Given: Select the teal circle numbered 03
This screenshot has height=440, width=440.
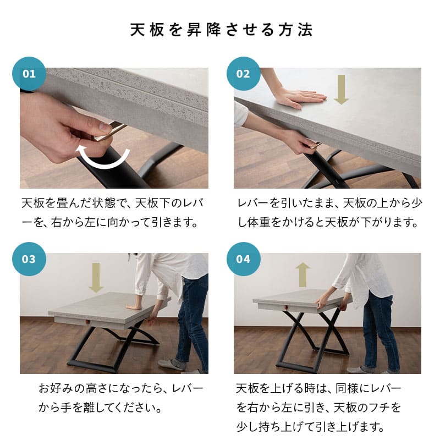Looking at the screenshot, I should pos(29,259).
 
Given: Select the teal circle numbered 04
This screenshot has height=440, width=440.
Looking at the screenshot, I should pos(243,259).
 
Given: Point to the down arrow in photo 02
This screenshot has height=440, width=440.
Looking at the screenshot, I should pos(341,90).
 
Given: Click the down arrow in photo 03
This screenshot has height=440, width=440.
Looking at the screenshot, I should pos(96,278).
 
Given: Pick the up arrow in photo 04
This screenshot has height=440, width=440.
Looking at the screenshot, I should pos(302,274).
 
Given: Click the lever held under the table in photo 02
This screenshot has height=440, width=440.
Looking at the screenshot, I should pos(314,145).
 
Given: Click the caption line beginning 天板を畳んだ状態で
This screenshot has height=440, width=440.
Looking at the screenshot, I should pos(113,204).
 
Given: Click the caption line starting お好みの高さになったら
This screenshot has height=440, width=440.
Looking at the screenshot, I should pos(121,389).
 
